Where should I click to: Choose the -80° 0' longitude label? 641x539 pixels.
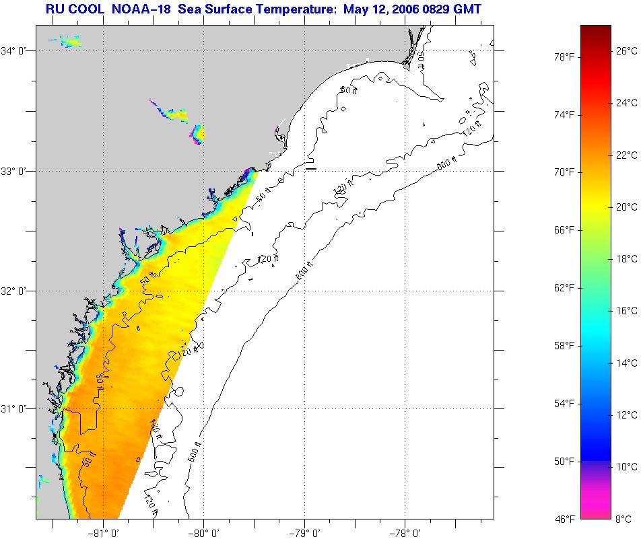coord(204,532)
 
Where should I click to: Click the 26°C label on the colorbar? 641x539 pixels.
coord(627,50)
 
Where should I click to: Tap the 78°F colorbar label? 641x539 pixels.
coord(564,57)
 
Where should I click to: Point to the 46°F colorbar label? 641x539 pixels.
coord(564,519)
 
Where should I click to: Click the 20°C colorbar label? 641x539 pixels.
coord(627,207)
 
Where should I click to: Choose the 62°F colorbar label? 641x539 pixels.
coord(564,287)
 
